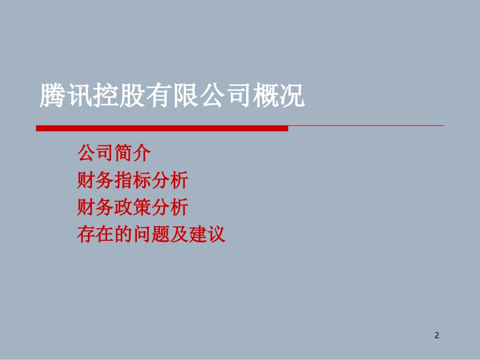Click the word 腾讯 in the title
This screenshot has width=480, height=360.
pyautogui.click(x=66, y=95)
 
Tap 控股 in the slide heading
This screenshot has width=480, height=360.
pyautogui.click(x=119, y=95)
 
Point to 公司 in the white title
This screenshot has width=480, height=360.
pyautogui.click(x=225, y=95)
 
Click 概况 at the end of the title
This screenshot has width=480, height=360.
pyautogui.click(x=278, y=95)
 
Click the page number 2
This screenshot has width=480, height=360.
pyautogui.click(x=437, y=335)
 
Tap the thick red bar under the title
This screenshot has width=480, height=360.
pyautogui.click(x=162, y=128)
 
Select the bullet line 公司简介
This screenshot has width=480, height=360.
pyautogui.click(x=114, y=153)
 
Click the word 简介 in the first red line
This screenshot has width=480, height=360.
pyautogui.click(x=133, y=153)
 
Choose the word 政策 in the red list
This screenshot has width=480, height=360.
pyautogui.click(x=133, y=208)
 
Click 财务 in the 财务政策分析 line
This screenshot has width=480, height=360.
pyautogui.click(x=95, y=208)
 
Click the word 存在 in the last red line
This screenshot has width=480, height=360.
pyautogui.click(x=95, y=235)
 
